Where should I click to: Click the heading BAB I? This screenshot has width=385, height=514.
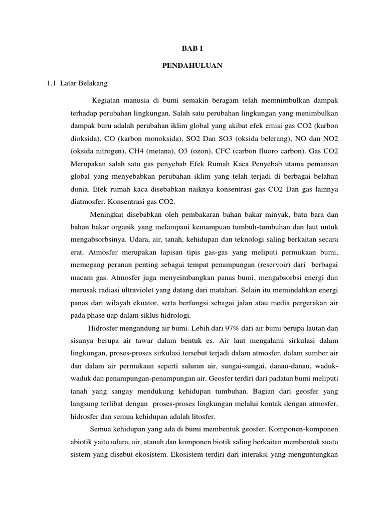coord(192,48)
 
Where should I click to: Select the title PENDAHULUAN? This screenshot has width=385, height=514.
coord(192,66)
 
